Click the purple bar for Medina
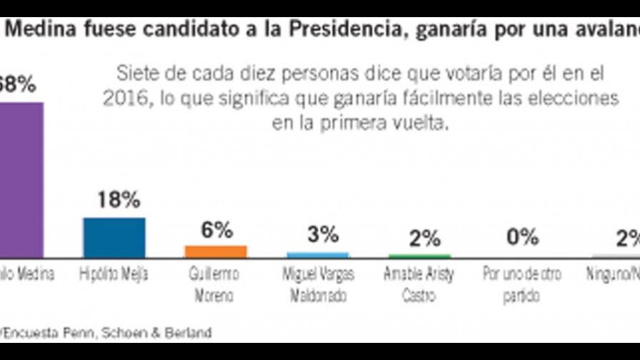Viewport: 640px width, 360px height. click(21, 179)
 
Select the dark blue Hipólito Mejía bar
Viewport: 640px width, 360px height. click(114, 237)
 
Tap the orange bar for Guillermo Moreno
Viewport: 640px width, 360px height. click(216, 251)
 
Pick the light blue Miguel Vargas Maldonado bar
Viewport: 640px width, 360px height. click(317, 255)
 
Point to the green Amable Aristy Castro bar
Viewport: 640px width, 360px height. click(419, 256)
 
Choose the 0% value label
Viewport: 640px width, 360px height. click(522, 237)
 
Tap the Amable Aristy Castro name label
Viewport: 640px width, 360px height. click(419, 284)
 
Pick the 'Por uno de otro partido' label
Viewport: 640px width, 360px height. click(522, 284)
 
